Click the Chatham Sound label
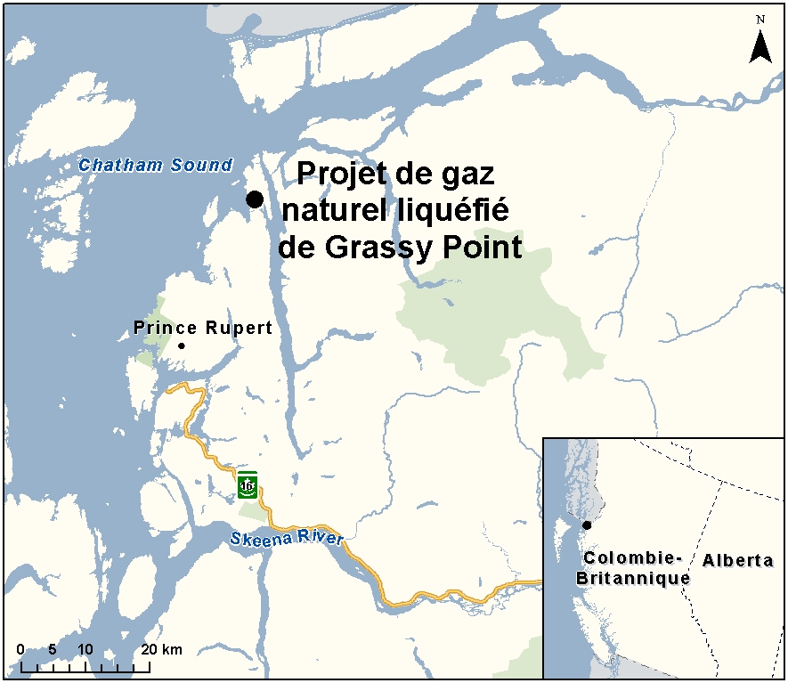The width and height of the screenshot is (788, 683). (155, 165)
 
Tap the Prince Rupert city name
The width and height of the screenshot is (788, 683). (203, 328)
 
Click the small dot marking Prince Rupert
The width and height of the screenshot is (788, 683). (182, 346)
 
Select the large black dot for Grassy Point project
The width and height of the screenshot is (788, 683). (255, 199)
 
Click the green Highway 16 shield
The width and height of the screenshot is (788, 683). (248, 485)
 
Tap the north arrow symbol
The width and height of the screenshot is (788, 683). (760, 46)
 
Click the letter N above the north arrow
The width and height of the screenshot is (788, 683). (760, 19)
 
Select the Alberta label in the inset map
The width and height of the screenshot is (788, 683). (737, 560)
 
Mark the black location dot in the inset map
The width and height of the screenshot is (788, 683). (586, 524)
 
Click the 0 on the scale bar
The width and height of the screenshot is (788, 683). (20, 649)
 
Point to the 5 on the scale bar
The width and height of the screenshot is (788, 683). (53, 649)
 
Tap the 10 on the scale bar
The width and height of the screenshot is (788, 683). (85, 649)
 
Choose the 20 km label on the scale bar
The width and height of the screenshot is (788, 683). (161, 649)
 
